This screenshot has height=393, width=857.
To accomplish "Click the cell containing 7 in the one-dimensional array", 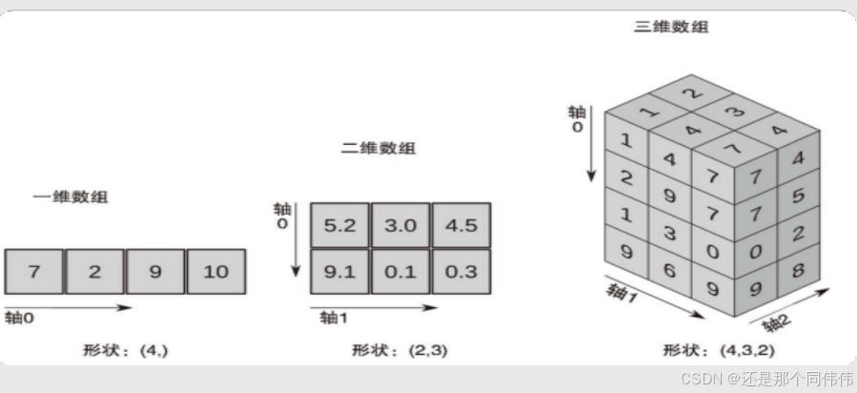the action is tap(34, 271).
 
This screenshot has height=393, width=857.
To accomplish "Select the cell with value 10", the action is tap(216, 271).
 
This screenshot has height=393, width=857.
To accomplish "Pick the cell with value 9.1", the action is tap(339, 272).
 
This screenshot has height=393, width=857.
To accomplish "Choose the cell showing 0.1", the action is tap(400, 272).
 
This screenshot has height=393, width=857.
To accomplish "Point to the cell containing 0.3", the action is tap(461, 272).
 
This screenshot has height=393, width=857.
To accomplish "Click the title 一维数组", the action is tap(71, 197).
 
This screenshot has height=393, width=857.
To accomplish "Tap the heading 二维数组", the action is tap(378, 149).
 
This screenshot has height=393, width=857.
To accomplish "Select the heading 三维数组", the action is tap(671, 27).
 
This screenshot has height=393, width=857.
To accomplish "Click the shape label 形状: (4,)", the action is tap(125, 350).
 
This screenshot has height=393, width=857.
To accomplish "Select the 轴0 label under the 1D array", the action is tap(19, 319).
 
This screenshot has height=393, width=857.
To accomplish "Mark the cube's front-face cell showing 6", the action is tap(668, 271).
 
